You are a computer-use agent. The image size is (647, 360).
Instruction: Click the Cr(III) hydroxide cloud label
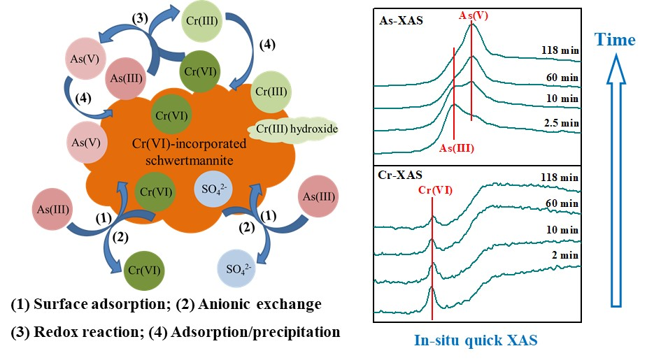pyautogui.click(x=297, y=129)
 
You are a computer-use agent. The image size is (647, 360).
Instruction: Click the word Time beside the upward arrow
pyautogui.click(x=616, y=40)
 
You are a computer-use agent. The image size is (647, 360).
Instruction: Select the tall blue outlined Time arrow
pyautogui.click(x=616, y=182)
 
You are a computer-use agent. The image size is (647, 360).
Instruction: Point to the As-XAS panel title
pyautogui.click(x=400, y=20)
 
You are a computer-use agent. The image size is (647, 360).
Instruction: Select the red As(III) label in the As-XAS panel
pyautogui.click(x=457, y=147)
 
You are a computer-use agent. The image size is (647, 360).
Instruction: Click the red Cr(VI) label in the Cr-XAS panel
pyautogui.click(x=434, y=190)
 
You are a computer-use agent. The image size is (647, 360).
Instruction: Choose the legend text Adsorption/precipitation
pyautogui.click(x=266, y=331)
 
